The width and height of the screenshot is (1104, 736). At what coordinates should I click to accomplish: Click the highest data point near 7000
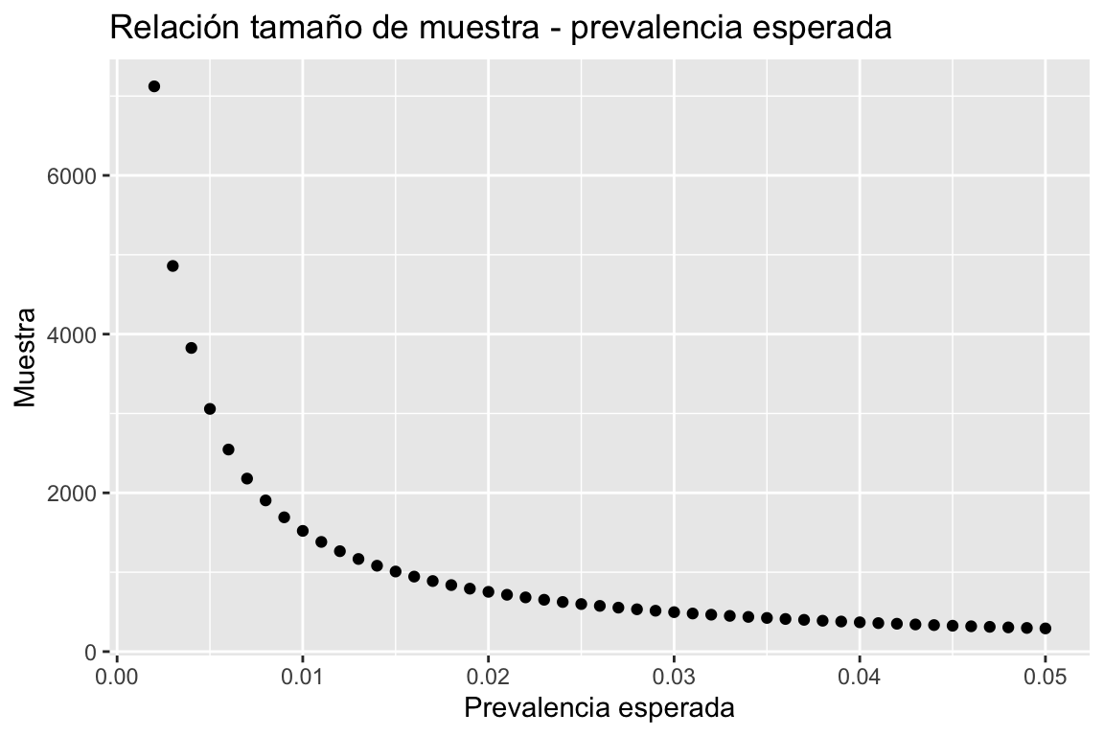[x=153, y=86]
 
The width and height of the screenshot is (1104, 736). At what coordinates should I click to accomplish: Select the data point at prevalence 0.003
[x=172, y=265]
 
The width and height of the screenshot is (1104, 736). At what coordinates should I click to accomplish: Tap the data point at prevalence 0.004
[x=191, y=348]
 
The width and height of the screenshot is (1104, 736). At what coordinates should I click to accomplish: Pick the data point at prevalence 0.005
[x=210, y=409]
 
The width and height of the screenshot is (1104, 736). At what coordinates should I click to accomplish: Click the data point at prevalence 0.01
[x=303, y=531]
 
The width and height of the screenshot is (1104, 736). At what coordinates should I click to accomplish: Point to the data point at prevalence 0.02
[x=489, y=592]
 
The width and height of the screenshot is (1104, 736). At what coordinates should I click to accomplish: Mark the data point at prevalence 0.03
[x=674, y=612]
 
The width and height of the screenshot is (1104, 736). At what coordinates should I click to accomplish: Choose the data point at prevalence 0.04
[x=860, y=623]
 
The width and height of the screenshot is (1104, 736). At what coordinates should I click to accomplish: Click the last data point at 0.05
[x=1045, y=629]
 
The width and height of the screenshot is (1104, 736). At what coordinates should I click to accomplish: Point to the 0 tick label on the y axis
[x=90, y=653]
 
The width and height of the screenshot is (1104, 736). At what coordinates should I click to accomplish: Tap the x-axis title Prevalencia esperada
[x=599, y=709]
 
